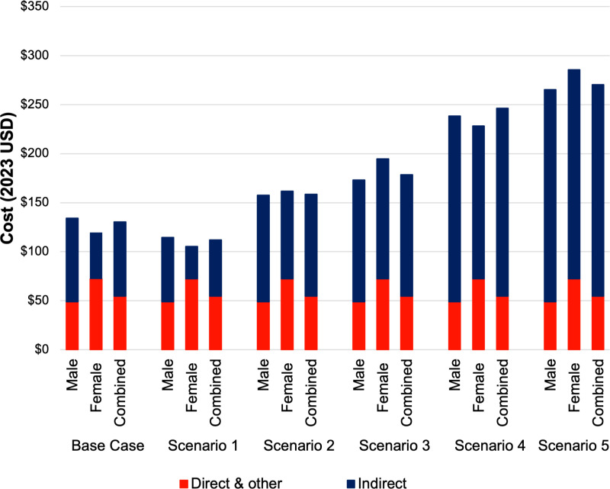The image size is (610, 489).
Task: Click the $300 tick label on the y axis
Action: (34, 56)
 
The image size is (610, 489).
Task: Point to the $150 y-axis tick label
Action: (34, 202)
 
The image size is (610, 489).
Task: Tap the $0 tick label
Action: (42, 349)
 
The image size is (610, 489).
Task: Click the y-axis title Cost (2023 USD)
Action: (8, 179)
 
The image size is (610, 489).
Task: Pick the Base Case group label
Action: (108, 446)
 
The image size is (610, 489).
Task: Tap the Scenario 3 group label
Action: (394, 446)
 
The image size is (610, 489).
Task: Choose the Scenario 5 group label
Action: (574, 446)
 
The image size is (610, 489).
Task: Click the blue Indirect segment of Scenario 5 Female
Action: (574, 175)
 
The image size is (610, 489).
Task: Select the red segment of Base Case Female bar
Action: (96, 314)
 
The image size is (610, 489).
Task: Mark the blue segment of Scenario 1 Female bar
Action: (191, 262)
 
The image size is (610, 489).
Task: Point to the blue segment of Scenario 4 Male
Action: (454, 209)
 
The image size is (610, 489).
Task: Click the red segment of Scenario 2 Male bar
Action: (263, 326)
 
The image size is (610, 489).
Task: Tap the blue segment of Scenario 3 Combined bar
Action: (406, 236)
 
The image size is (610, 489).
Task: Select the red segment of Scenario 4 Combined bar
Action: (502, 323)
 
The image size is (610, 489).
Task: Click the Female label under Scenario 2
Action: (287, 388)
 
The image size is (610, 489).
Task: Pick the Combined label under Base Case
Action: (120, 392)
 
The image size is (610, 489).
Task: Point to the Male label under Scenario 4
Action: (454, 375)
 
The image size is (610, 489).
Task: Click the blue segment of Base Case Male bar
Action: (72, 260)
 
